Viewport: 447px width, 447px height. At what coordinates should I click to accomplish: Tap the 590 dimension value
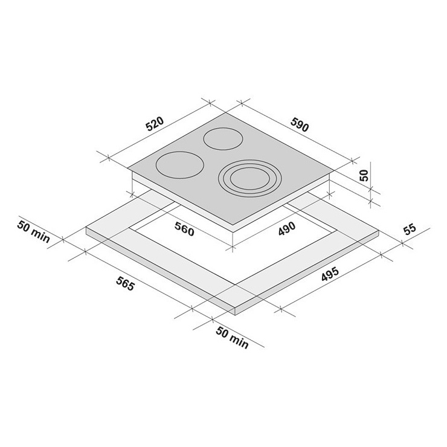pos(300,124)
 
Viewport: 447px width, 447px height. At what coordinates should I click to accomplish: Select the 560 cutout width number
pos(184,229)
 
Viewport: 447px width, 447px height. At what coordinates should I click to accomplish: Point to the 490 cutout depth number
pos(287,228)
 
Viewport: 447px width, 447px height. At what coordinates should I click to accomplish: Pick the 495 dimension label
pos(330,274)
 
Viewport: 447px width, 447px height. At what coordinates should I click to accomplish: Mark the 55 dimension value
pos(410,230)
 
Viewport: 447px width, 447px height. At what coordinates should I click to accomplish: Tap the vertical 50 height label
pos(364,175)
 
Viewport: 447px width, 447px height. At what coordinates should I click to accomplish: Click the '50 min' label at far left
pos(34,231)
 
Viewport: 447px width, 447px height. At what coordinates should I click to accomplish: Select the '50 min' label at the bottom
pos(232,338)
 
